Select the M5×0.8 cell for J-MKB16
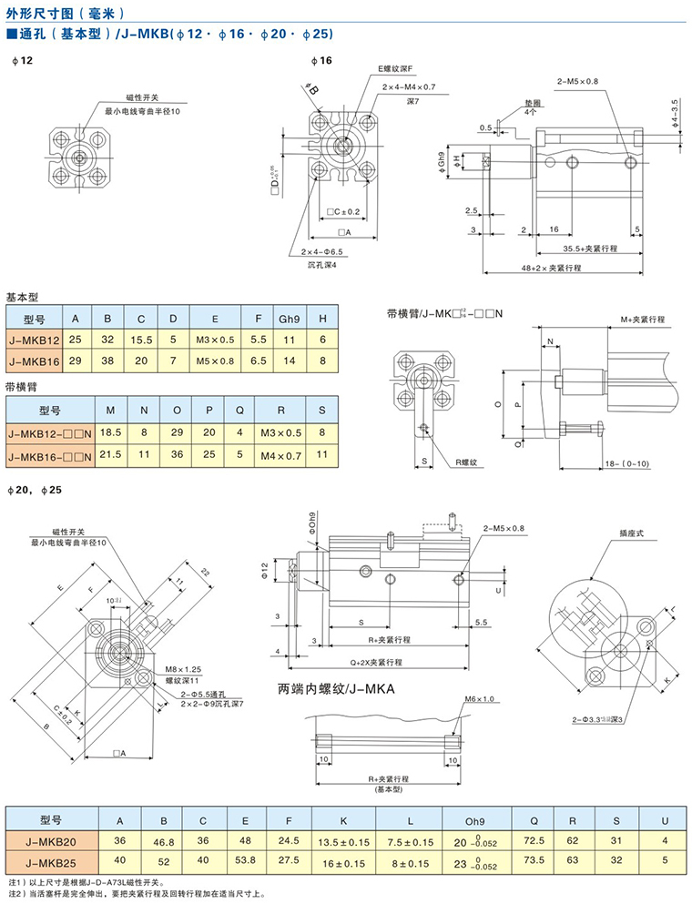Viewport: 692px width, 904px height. (x=215, y=361)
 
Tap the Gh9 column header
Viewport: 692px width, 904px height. (x=289, y=319)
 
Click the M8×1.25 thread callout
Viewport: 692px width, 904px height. (x=184, y=668)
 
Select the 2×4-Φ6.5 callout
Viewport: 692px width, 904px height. (x=318, y=251)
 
